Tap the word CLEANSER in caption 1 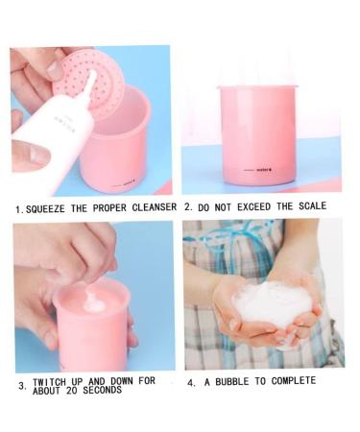(153, 207)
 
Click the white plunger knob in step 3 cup (94, 302)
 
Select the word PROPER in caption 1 (107, 207)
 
